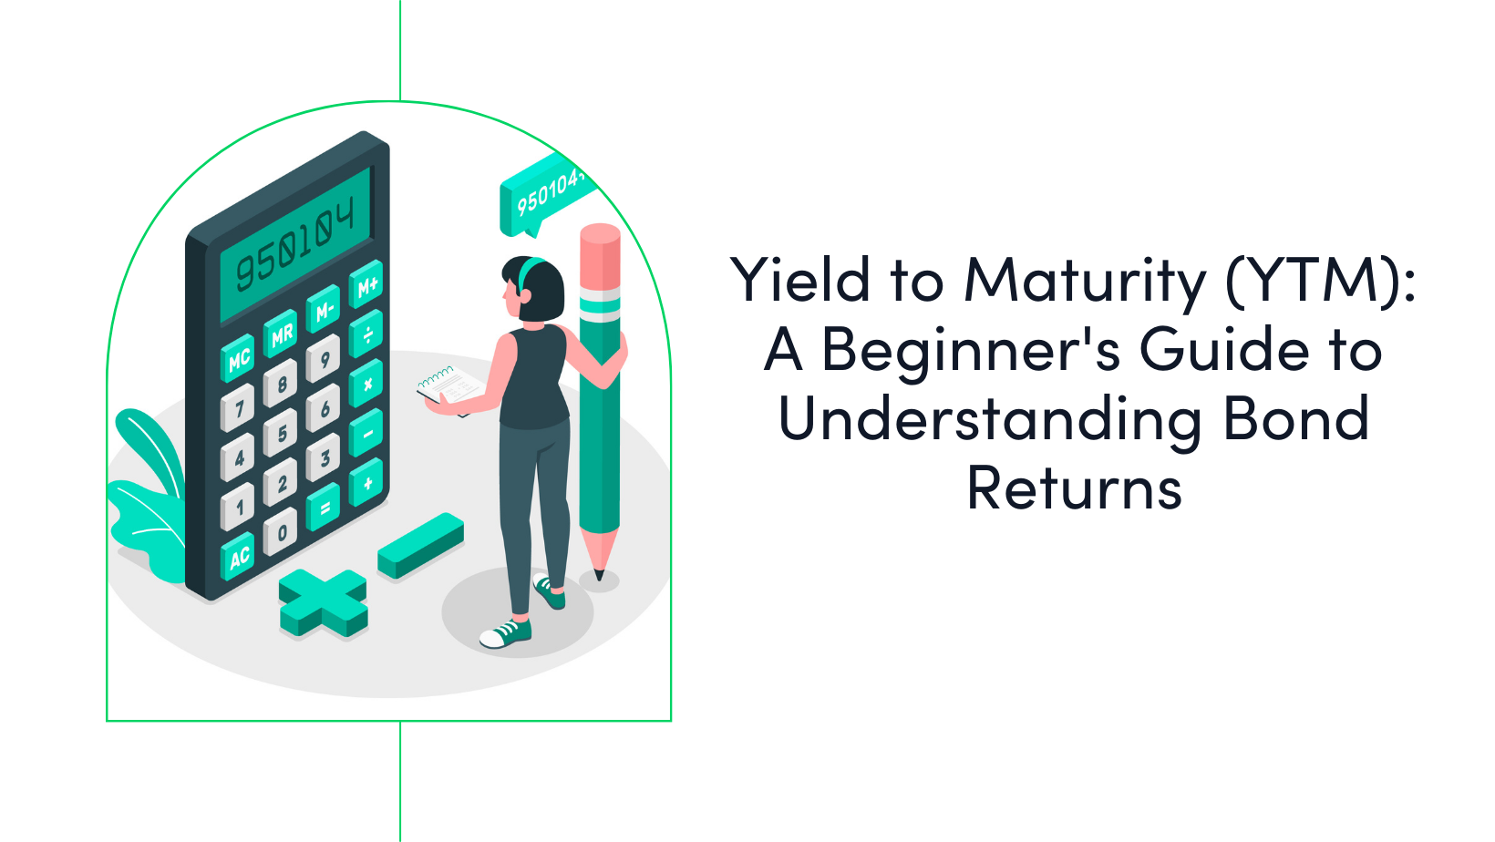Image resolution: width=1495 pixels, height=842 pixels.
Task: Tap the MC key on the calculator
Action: click(x=239, y=360)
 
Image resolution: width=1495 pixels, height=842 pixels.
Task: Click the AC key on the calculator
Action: click(x=239, y=556)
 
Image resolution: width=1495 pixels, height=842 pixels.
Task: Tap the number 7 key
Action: click(x=239, y=408)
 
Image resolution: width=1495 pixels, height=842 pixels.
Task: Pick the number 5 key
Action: click(x=282, y=434)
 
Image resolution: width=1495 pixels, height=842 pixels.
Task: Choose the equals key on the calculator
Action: click(x=325, y=508)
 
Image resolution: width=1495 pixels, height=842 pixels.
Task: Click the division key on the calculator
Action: click(x=367, y=335)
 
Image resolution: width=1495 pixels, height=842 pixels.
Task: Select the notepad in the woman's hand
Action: click(x=451, y=387)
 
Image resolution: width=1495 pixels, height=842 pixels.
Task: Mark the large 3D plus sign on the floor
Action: click(x=324, y=602)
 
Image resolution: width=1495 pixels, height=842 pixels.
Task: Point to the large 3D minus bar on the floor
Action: click(x=421, y=544)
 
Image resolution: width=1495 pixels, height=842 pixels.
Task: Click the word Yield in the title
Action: click(x=800, y=280)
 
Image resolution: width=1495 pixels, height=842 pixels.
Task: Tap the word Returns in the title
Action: click(x=1074, y=489)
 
